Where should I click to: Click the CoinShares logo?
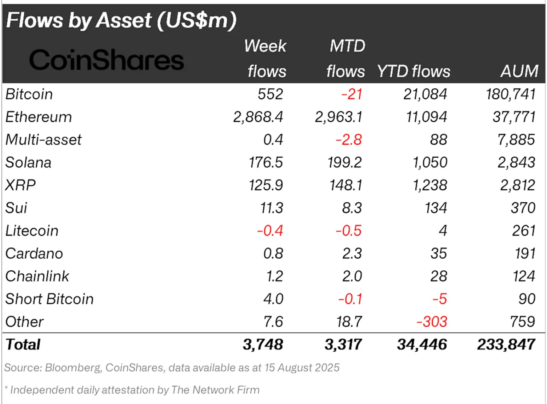106,60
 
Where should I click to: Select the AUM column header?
519,71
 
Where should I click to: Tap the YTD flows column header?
414,71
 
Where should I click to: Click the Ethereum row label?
39,117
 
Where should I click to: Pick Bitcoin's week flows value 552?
270,94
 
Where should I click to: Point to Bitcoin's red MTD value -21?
352,94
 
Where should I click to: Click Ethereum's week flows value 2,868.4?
258,117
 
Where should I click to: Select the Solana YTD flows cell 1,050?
430,162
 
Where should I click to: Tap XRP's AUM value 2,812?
517,185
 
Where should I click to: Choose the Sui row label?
16,208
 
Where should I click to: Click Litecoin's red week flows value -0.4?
269,231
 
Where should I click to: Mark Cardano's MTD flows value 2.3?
352,254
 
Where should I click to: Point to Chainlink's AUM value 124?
524,276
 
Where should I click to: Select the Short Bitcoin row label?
49,299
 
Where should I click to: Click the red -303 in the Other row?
432,322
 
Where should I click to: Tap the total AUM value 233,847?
506,344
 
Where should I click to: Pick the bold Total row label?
23,344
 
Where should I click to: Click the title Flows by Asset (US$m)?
121,20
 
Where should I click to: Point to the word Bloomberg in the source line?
73,368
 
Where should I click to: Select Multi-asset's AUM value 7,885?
516,140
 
